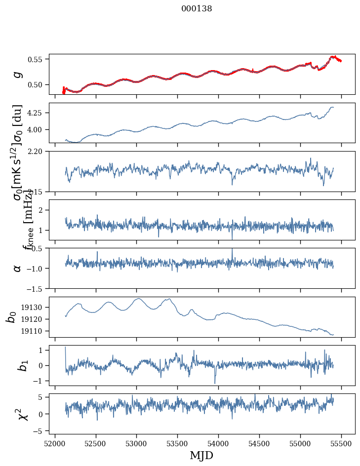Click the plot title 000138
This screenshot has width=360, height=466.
[197, 8]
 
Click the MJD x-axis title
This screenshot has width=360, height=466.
[201, 455]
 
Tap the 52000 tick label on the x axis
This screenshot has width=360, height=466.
[55, 443]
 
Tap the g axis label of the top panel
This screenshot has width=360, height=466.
[18, 74]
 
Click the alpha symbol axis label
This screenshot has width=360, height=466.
[18, 268]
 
